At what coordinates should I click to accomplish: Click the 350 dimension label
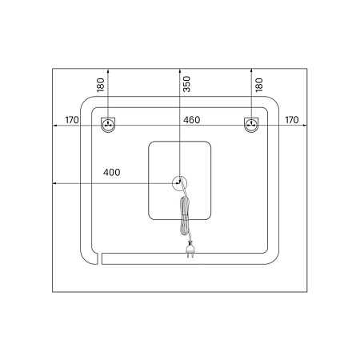point(187,84)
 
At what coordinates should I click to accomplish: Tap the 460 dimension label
point(191,120)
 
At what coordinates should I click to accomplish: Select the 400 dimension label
point(112,172)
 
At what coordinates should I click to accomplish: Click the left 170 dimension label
point(72,120)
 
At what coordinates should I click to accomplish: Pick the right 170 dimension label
point(292,120)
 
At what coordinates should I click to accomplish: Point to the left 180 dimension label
point(101,85)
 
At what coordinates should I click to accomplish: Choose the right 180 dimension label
point(259,85)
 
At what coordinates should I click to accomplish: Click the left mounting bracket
point(108,125)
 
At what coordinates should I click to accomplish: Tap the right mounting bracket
point(251,125)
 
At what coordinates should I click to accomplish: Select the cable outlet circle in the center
point(179,183)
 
